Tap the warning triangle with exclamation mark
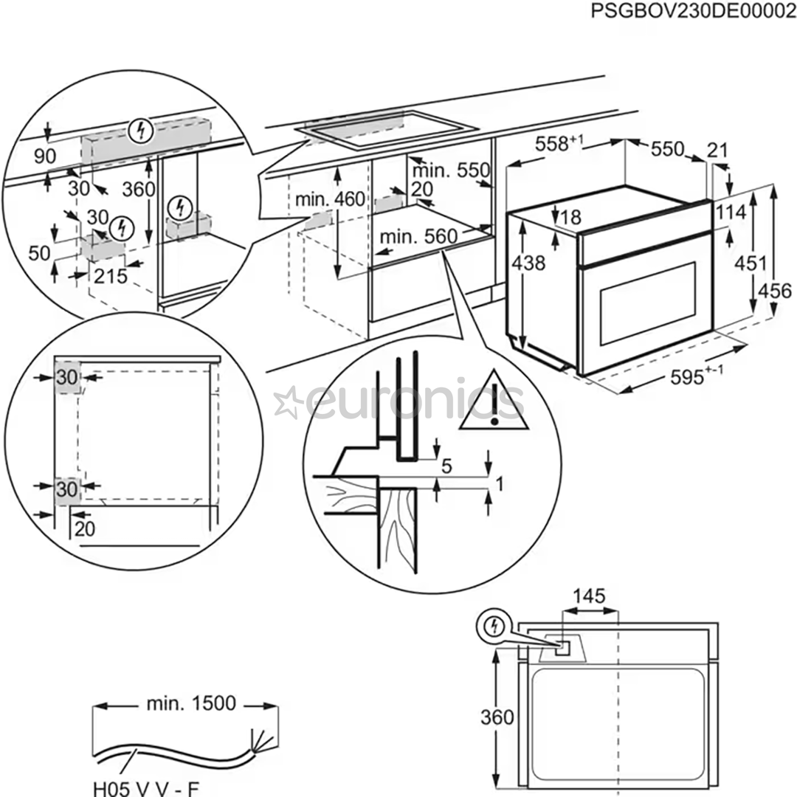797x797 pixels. [494, 403]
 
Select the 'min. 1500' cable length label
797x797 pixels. [191, 704]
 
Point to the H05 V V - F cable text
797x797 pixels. [145, 789]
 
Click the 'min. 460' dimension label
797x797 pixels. [330, 199]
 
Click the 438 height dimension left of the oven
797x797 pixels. [530, 262]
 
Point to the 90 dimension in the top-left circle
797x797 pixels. [45, 156]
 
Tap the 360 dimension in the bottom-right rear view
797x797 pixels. [497, 717]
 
